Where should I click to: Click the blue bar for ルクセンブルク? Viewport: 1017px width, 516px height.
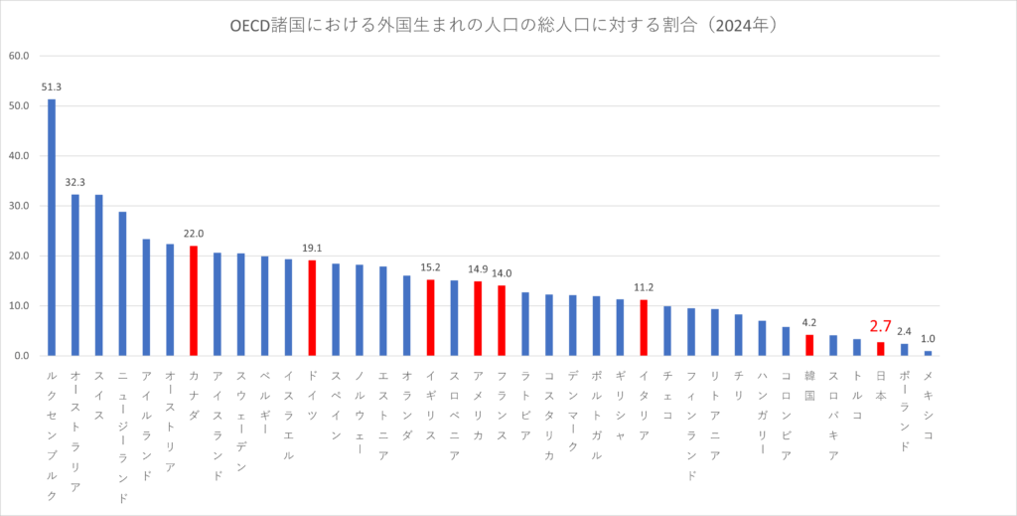pos(52,228)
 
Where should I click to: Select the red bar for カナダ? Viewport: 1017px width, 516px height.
pos(194,300)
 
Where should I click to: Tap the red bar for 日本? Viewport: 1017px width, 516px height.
pos(880,349)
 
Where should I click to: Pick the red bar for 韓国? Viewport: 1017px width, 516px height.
pos(809,345)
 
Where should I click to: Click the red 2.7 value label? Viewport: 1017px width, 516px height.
pos(880,326)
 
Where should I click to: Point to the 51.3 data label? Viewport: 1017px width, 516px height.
pos(52,87)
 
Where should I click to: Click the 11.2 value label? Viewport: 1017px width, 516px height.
pos(644,288)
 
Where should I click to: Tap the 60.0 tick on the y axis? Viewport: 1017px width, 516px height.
pos(19,56)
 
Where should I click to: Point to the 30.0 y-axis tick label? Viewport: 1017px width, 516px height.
pos(19,206)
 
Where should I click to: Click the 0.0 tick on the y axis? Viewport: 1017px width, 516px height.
pos(22,356)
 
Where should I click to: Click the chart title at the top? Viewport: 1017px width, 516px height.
pos(508,25)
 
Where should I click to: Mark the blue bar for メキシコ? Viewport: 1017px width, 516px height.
pos(928,353)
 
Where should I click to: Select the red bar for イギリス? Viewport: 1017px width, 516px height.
pos(430,317)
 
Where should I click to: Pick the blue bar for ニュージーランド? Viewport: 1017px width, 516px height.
pos(123,283)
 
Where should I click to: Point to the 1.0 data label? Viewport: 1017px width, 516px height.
pos(928,339)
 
